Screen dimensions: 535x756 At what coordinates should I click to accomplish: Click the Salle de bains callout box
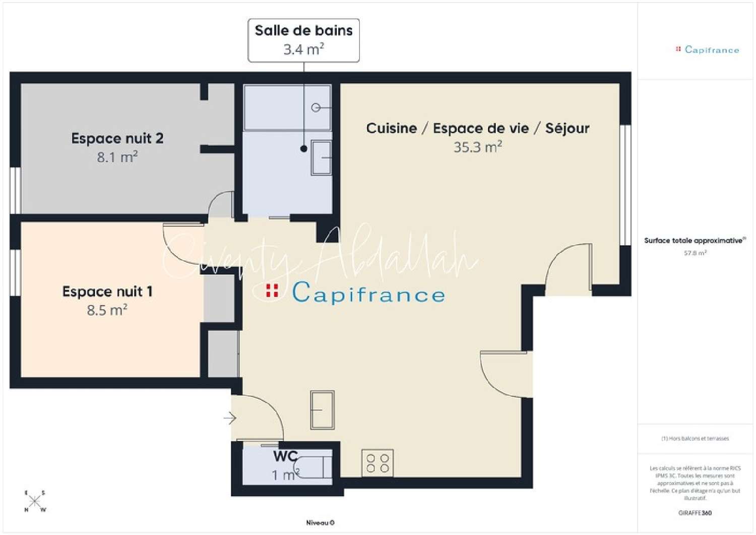pyautogui.click(x=303, y=40)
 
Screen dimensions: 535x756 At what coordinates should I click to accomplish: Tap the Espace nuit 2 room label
pyautogui.click(x=117, y=138)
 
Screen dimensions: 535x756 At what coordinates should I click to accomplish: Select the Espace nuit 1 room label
pyautogui.click(x=107, y=291)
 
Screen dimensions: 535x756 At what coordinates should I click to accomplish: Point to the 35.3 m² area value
pyautogui.click(x=478, y=147)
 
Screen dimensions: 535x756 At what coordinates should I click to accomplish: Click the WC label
pyautogui.click(x=285, y=456)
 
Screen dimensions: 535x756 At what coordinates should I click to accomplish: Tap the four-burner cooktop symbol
pyautogui.click(x=377, y=463)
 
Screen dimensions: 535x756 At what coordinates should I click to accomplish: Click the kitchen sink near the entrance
pyautogui.click(x=322, y=410)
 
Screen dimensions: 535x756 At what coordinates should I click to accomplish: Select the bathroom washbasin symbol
pyautogui.click(x=321, y=158)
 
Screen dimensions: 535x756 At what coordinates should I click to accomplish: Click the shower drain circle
pyautogui.click(x=316, y=107)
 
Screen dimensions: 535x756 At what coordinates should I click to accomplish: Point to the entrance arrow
pyautogui.click(x=230, y=418)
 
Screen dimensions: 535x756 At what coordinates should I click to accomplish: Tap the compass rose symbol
pyautogui.click(x=35, y=501)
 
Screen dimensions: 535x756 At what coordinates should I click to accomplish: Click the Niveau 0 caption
pyautogui.click(x=320, y=523)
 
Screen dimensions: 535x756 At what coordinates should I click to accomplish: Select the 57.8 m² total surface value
pyautogui.click(x=695, y=253)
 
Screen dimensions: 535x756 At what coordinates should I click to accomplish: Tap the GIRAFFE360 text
pyautogui.click(x=695, y=513)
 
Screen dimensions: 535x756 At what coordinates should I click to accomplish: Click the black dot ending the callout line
pyautogui.click(x=304, y=149)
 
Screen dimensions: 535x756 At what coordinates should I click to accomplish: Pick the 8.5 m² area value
pyautogui.click(x=107, y=310)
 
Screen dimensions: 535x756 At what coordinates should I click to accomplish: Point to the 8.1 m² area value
pyautogui.click(x=117, y=157)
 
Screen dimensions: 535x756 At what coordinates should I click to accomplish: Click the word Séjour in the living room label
pyautogui.click(x=567, y=129)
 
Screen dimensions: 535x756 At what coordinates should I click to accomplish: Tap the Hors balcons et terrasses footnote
pyautogui.click(x=695, y=438)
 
